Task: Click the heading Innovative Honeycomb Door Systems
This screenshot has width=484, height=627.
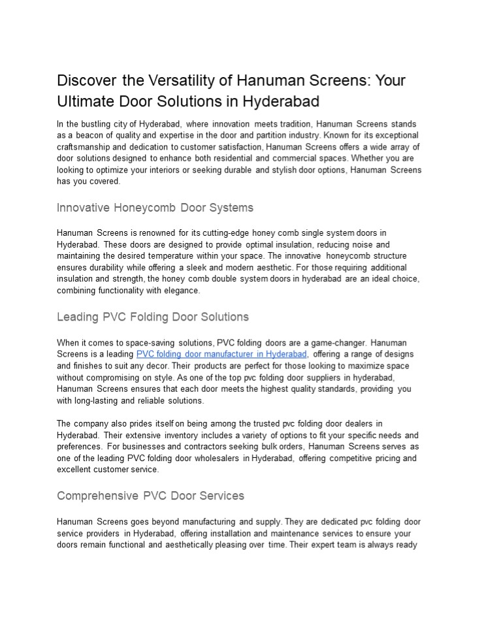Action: pyautogui.click(x=155, y=208)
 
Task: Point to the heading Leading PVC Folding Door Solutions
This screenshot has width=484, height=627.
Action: pyautogui.click(x=153, y=317)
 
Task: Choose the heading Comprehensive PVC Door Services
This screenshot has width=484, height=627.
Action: pyautogui.click(x=150, y=496)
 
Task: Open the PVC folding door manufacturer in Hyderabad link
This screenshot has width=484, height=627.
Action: pyautogui.click(x=221, y=354)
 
